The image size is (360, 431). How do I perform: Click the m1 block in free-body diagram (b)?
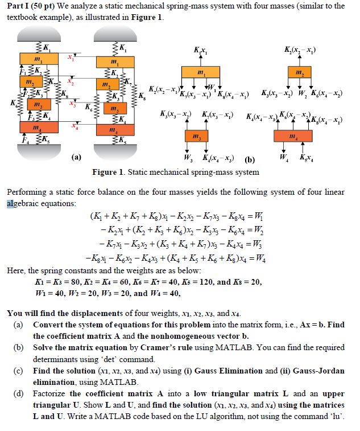(x=200, y=72)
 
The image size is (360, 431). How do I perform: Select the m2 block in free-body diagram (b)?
(x=299, y=72)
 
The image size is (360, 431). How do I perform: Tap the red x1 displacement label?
(x=71, y=57)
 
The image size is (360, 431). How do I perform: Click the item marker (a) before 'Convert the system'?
(x=19, y=324)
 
